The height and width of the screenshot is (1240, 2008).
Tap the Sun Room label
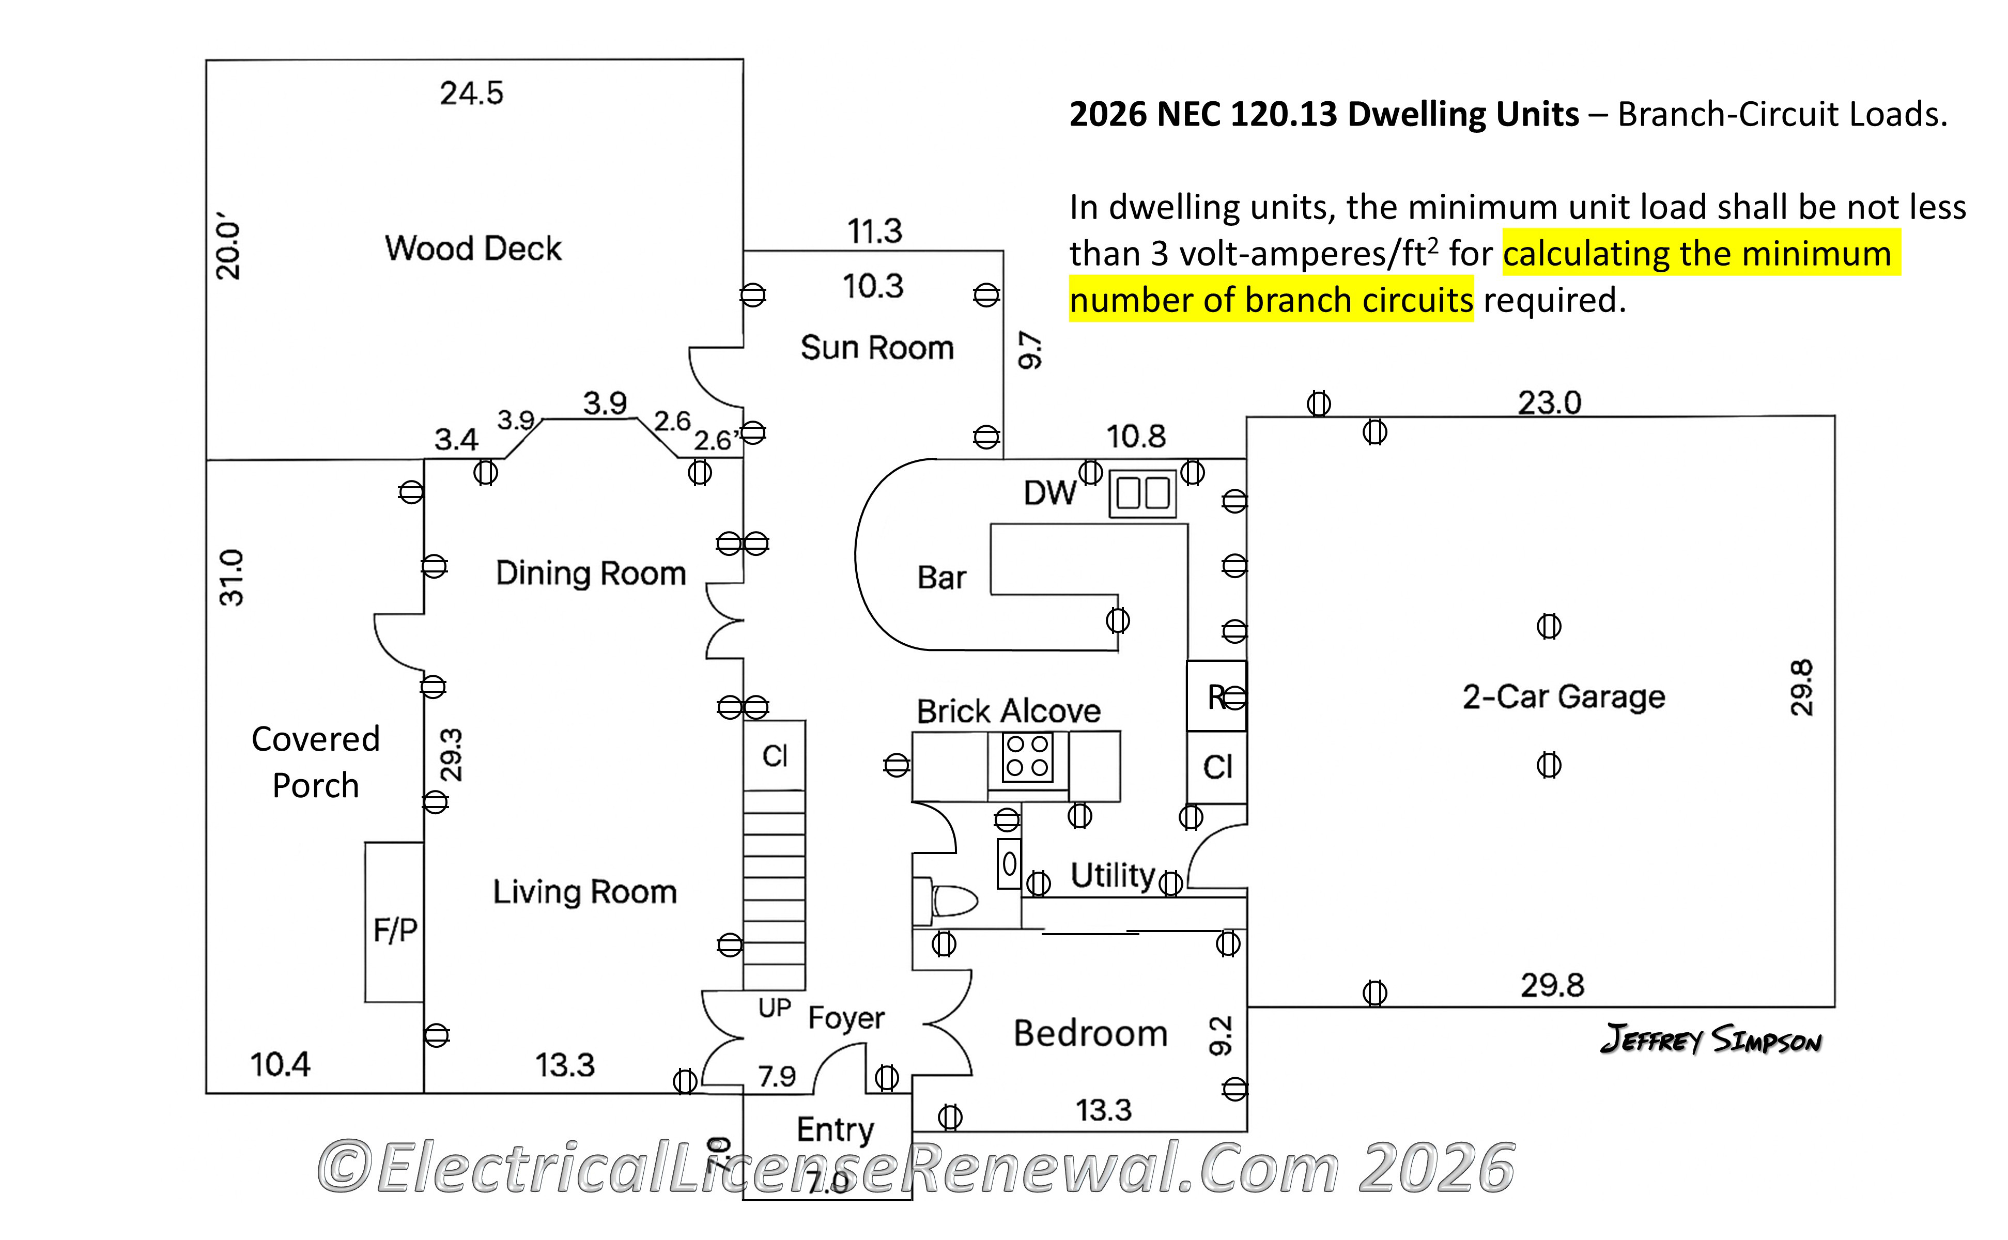click(x=877, y=348)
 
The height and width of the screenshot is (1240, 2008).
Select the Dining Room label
click(x=591, y=574)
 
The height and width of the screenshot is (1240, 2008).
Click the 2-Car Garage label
click(x=1564, y=697)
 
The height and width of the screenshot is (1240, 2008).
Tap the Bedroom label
click(x=1090, y=1033)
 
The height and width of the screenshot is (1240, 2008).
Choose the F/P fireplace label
click(x=395, y=930)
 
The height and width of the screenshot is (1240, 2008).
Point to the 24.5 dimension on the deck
click(x=472, y=94)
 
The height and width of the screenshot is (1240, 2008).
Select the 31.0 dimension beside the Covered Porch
click(x=232, y=577)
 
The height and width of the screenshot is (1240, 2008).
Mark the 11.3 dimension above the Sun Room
click(x=874, y=231)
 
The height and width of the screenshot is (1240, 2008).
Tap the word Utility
click(x=1113, y=875)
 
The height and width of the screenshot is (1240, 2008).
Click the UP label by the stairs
click(x=775, y=1008)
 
